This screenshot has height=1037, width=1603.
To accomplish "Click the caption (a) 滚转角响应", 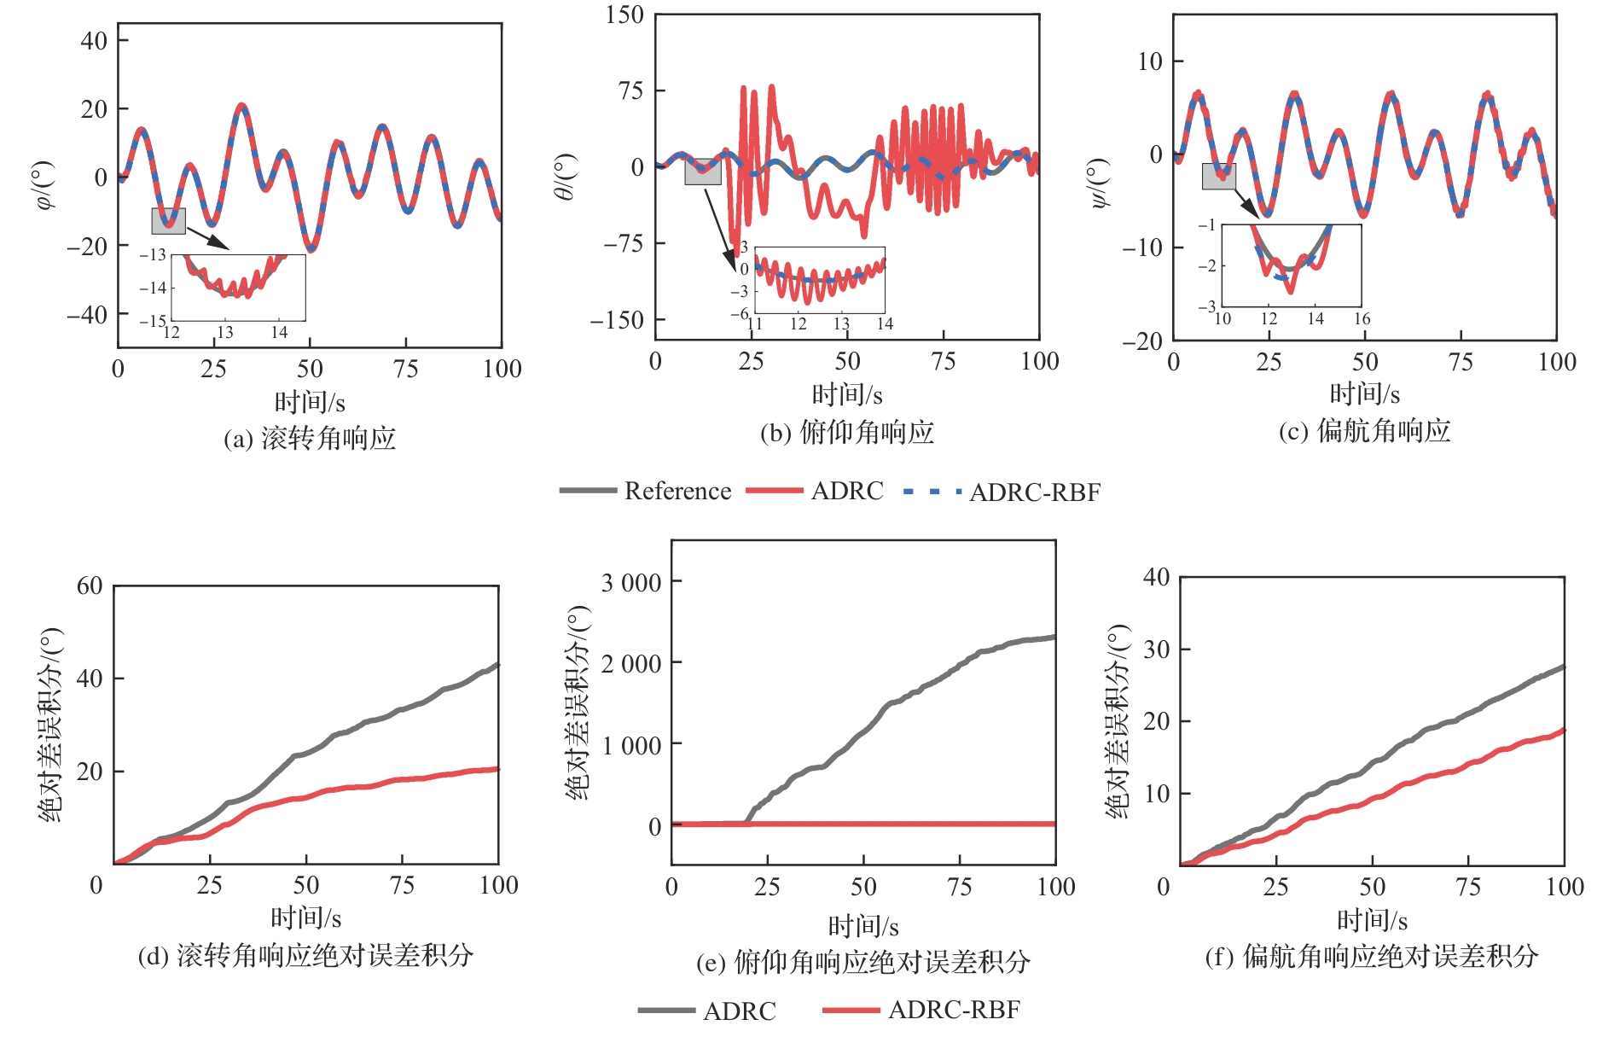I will [310, 439].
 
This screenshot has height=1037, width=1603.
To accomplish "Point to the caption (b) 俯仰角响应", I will [846, 433].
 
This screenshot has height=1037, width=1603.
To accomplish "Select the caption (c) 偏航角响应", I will [1364, 431].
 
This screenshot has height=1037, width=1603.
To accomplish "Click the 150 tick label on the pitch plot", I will [624, 15].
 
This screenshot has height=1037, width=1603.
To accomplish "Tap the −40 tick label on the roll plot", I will [87, 315].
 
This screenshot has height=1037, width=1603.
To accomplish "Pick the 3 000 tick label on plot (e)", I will [630, 583].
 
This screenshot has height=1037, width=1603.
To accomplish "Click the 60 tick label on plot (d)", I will [90, 585].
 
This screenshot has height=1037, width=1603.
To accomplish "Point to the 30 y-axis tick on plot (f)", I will [1156, 650].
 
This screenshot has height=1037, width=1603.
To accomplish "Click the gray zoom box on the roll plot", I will [168, 221].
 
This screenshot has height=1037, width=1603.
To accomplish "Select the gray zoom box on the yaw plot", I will [1218, 176].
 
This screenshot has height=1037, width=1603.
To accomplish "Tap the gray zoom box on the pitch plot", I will [703, 172].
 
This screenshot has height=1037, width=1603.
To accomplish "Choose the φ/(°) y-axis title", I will [44, 185].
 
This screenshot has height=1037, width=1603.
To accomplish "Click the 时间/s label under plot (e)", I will [863, 926].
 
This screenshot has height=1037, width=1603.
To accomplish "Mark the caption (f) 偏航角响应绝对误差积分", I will [1371, 956].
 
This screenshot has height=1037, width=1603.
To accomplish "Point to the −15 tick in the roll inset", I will [153, 321].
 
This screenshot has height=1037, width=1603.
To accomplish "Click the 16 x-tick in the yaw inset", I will [1362, 318].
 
